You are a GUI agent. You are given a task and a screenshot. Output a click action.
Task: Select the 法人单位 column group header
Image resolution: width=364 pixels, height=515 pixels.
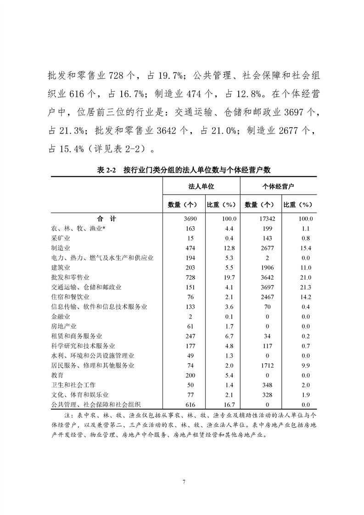(201, 187)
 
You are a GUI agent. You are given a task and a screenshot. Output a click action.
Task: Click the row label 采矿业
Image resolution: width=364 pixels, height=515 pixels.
(61, 238)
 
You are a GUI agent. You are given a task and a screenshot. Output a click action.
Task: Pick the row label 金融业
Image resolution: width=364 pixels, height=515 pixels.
(61, 316)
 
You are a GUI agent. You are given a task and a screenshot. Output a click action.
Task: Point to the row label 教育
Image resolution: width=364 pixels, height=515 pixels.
(57, 375)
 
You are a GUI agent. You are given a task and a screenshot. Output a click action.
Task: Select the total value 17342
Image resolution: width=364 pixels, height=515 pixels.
(266, 219)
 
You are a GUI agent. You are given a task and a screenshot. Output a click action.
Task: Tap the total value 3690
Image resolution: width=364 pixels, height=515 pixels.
(190, 219)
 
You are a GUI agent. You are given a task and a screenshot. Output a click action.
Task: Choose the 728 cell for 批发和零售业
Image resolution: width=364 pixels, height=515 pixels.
(190, 277)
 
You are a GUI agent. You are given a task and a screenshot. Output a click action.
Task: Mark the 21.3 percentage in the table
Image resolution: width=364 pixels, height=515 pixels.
(305, 287)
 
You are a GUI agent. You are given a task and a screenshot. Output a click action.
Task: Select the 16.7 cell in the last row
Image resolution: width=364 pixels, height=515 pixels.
(228, 404)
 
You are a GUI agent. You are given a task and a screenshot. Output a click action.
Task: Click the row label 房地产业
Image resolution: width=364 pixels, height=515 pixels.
(64, 326)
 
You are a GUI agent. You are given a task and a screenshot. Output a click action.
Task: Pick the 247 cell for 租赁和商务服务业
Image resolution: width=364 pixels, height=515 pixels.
(190, 336)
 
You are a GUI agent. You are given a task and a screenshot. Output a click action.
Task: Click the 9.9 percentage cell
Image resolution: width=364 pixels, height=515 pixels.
(305, 365)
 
